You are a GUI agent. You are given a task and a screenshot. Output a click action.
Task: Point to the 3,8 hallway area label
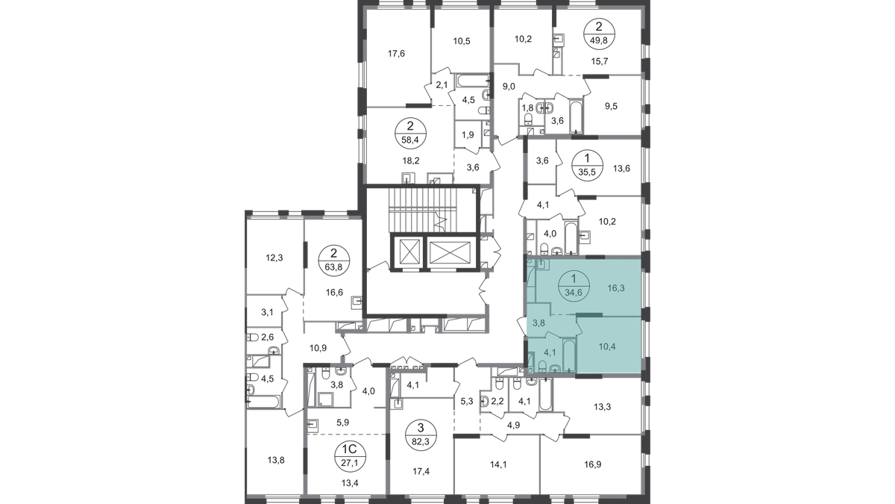537,323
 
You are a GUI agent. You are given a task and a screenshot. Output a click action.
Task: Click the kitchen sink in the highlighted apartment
541,264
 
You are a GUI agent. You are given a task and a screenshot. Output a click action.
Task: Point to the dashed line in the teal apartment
560,314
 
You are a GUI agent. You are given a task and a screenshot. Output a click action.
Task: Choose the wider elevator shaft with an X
450,252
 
